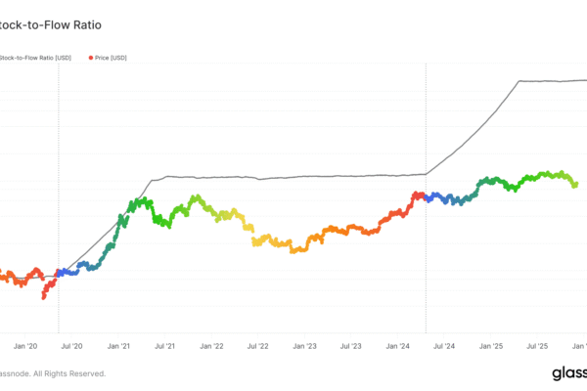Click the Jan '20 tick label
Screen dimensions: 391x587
26,346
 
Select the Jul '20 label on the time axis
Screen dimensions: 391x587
71,346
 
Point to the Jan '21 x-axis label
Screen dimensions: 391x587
118,346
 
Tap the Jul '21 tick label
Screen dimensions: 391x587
165,346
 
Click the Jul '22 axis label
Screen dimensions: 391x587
257,346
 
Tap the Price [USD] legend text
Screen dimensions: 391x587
111,59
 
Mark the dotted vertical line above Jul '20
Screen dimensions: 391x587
59,195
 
